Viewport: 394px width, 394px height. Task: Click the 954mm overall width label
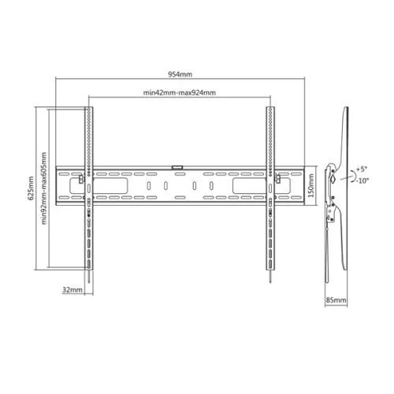point(180,75)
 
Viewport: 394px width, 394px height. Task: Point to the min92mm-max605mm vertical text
point(45,188)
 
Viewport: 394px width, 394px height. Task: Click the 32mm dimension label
point(72,291)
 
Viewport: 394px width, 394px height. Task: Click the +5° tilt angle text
point(362,169)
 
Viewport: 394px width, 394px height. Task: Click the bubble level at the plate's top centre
point(178,166)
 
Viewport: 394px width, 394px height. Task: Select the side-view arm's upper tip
point(344,108)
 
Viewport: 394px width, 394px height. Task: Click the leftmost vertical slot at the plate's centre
point(147,186)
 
